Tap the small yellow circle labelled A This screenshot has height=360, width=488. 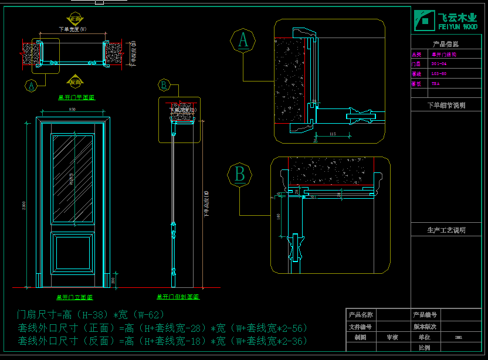(30, 86)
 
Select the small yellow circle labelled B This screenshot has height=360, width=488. (164, 86)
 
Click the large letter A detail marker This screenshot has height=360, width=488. (243, 40)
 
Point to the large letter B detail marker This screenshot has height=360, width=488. (239, 175)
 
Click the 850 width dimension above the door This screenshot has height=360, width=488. (72, 110)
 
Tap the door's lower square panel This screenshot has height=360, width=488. (73, 253)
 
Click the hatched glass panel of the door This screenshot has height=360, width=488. (73, 179)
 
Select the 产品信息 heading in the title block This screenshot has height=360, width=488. (446, 44)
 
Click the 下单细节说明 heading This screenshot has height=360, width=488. (446, 106)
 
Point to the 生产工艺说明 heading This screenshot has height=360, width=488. (446, 230)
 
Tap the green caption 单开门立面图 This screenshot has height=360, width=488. (75, 297)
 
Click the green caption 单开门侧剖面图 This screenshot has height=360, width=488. (178, 297)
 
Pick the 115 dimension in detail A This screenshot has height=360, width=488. (333, 135)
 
